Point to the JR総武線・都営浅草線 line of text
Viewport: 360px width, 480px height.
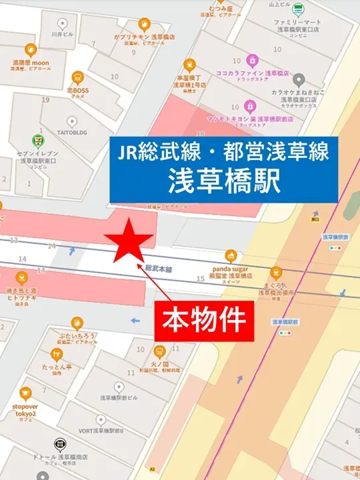[225, 152]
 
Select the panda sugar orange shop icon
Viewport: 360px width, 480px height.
[231, 255]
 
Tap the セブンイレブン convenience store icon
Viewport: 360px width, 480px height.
[38, 141]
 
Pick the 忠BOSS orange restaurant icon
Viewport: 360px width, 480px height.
[77, 77]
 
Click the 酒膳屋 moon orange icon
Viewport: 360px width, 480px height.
[31, 49]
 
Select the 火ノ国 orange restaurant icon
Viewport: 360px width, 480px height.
[159, 350]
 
